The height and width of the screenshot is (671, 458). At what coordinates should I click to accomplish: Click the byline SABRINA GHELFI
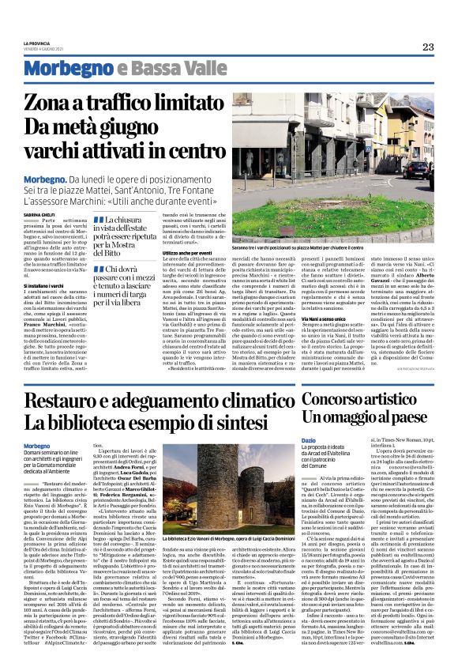point(38,213)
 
